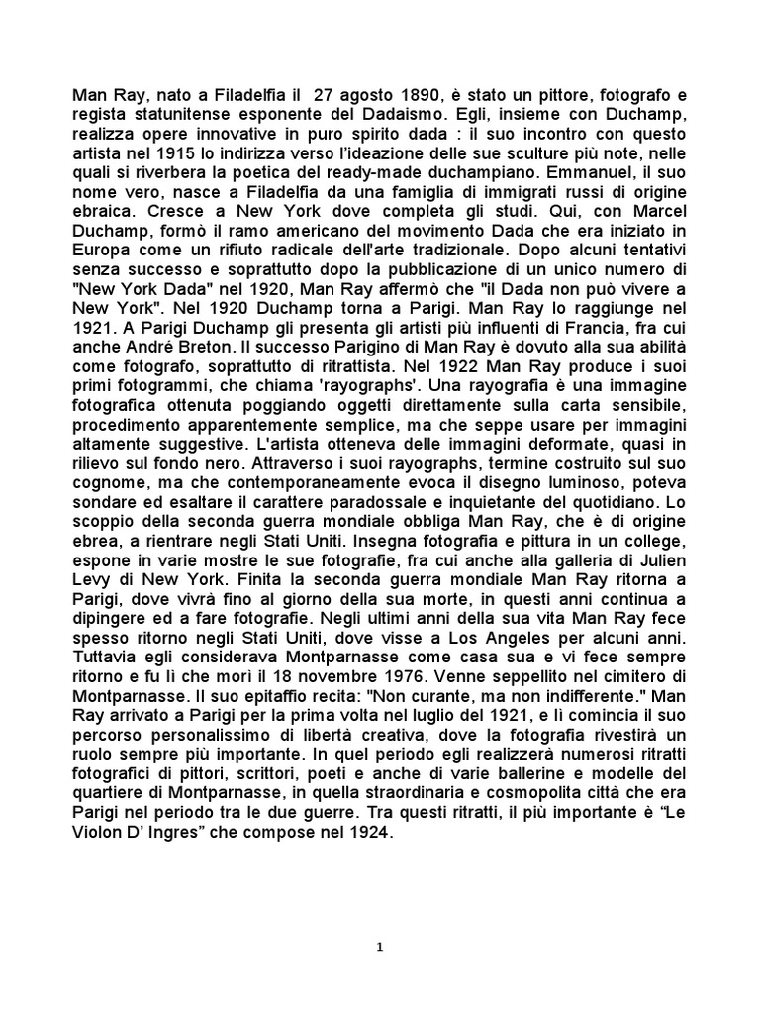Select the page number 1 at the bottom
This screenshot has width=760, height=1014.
380,946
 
